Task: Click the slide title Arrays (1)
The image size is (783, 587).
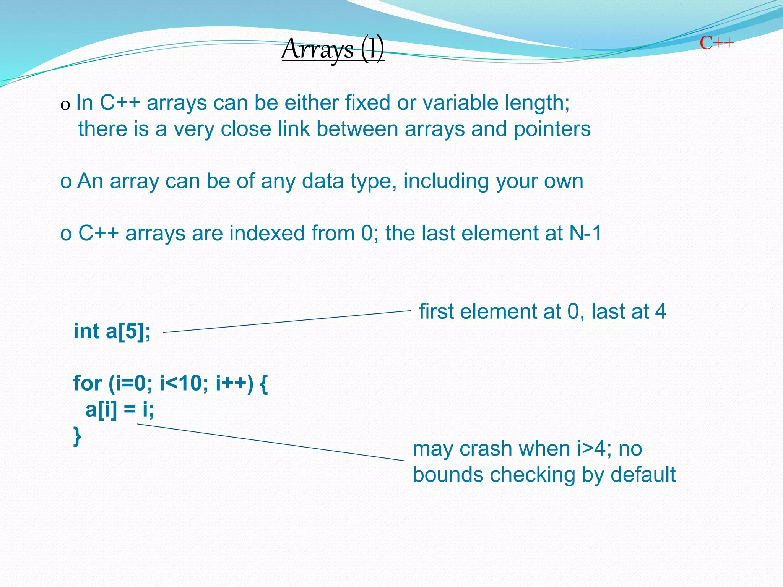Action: point(333,50)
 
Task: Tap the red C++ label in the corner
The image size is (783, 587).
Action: point(717,43)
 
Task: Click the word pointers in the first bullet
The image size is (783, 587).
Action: point(552,129)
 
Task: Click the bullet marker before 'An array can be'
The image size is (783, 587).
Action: point(66,182)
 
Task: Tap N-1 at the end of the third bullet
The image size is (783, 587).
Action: point(585,233)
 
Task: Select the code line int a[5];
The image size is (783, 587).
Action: point(112,331)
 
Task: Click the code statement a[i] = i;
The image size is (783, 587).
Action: point(120,410)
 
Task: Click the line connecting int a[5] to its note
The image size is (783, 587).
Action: point(287,322)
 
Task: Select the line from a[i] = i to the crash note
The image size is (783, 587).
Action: point(271,442)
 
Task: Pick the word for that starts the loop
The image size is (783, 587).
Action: point(88,383)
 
